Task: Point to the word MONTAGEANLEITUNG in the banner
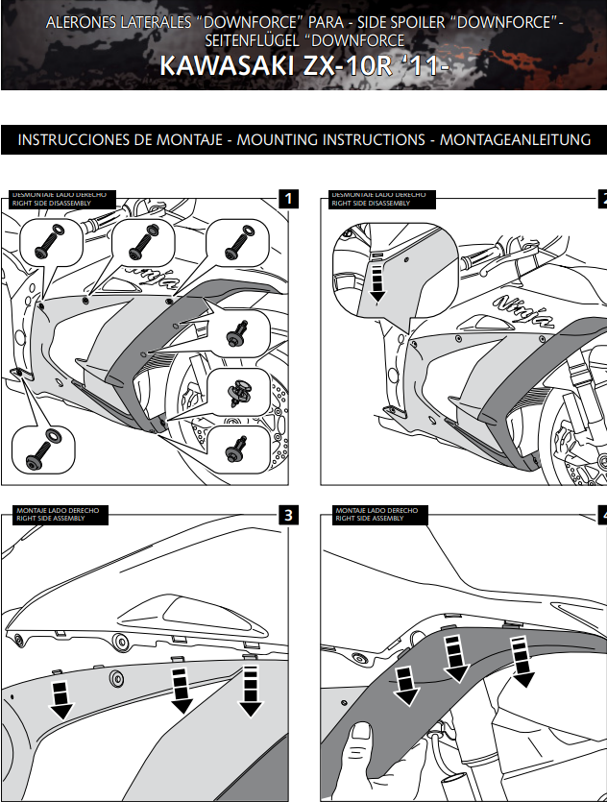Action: tap(516, 140)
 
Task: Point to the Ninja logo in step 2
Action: tap(523, 312)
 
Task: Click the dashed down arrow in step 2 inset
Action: tap(376, 279)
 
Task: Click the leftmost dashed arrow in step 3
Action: tap(61, 698)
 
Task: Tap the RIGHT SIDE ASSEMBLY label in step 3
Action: tap(50, 519)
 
